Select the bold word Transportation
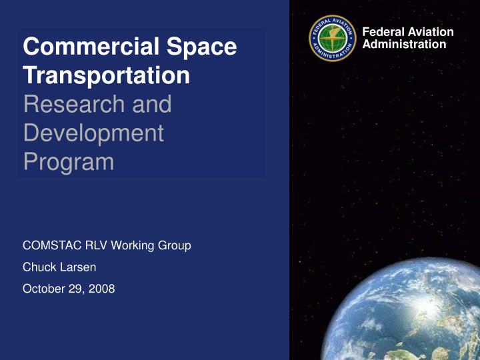[x=106, y=75]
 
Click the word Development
[x=93, y=133]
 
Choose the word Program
[x=68, y=162]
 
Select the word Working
[x=134, y=245]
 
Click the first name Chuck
[x=37, y=267]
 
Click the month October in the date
[x=43, y=289]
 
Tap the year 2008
[x=103, y=289]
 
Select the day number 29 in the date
[x=76, y=289]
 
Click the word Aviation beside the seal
[x=430, y=32]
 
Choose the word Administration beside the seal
[x=404, y=44]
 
